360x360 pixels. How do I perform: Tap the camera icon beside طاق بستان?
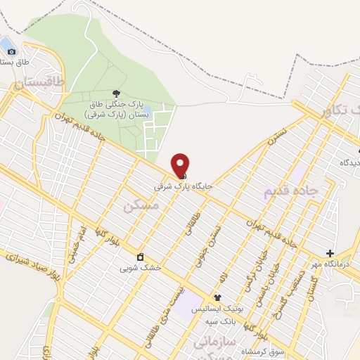(x=10, y=51)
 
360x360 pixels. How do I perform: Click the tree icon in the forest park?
(x=116, y=93)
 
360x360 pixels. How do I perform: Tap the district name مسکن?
(x=141, y=205)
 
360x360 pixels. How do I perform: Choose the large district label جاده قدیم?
(x=291, y=191)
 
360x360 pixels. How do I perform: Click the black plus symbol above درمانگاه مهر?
(x=330, y=253)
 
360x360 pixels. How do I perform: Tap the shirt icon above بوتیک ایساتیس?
(x=217, y=297)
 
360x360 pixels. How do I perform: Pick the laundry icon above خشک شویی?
(x=140, y=256)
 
